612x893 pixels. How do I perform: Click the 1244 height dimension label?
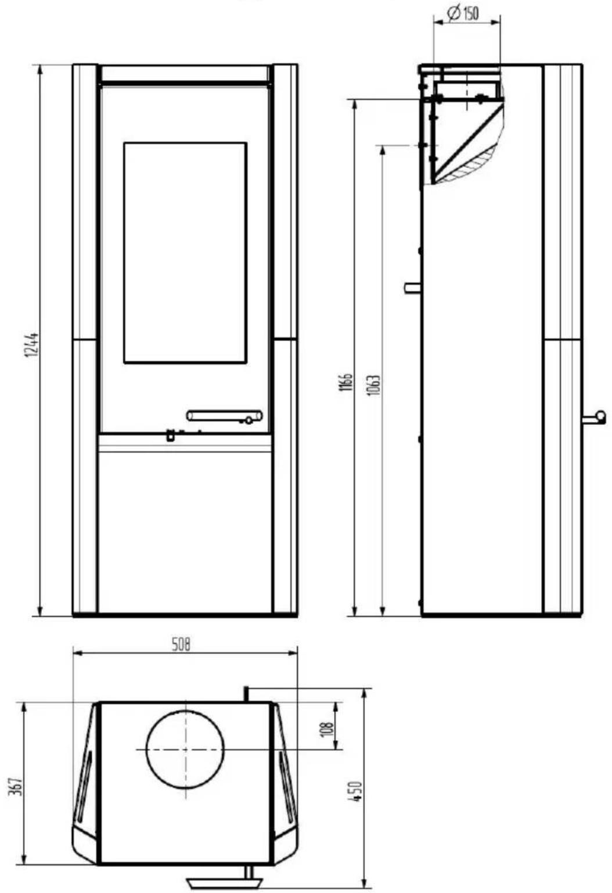pos(31,344)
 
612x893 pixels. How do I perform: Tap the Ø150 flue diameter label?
pos(463,13)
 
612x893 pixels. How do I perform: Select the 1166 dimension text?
pos(346,382)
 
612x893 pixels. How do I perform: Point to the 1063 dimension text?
pos(374,385)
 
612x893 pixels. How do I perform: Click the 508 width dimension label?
pos(181,645)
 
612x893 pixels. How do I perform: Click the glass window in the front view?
pos(185,253)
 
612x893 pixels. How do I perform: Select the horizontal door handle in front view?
pos(225,416)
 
